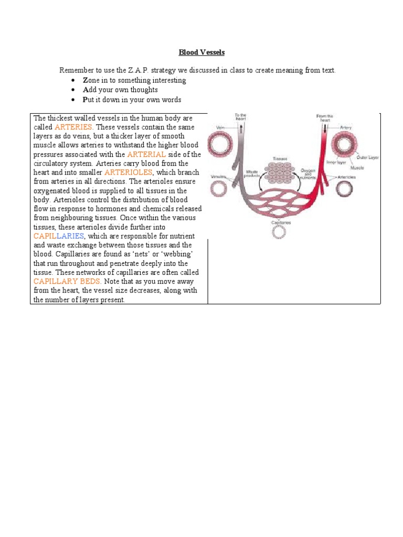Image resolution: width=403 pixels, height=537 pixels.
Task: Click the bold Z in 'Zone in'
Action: tap(70, 80)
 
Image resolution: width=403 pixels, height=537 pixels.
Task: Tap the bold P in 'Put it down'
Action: tap(70, 99)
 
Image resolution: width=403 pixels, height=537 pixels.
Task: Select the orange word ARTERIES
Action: tap(73, 127)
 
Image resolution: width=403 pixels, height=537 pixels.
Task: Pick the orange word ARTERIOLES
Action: tap(129, 173)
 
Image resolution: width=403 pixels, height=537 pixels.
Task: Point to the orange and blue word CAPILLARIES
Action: tap(58, 236)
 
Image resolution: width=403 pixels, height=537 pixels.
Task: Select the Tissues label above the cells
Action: tap(280, 158)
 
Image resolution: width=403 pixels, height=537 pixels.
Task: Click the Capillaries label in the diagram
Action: tap(281, 222)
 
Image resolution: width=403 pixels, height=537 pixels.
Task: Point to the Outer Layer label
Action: tap(368, 157)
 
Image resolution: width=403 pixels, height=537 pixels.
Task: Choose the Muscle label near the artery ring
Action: tap(357, 169)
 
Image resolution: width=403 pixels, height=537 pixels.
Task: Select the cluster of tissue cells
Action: tap(279, 174)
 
